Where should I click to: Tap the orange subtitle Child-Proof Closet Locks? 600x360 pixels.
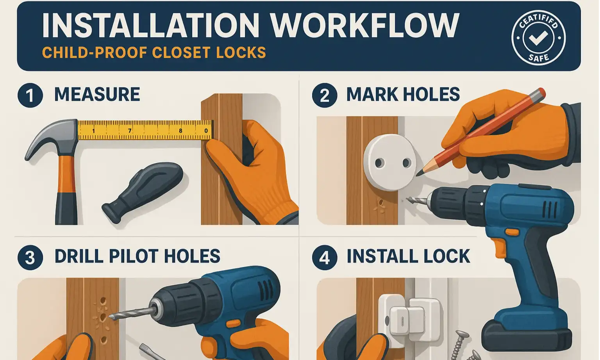point(154,53)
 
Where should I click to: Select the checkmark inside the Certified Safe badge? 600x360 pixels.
point(538,38)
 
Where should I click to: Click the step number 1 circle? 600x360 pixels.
point(30,95)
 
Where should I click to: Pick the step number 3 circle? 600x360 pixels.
point(30,258)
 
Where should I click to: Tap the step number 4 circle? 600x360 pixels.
point(324,258)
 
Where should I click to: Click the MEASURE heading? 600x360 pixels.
point(97,95)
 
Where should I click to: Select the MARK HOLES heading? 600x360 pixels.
point(403,95)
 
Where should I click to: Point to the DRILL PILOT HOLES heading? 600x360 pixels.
point(137,256)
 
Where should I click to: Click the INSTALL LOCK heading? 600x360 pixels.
point(408,256)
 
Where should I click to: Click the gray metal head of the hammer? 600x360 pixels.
point(51,137)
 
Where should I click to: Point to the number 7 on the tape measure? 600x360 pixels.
point(130,131)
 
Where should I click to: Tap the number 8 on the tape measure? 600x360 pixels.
point(180,131)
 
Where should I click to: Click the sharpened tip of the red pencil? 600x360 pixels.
point(420,172)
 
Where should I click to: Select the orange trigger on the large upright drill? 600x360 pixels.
point(499,246)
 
